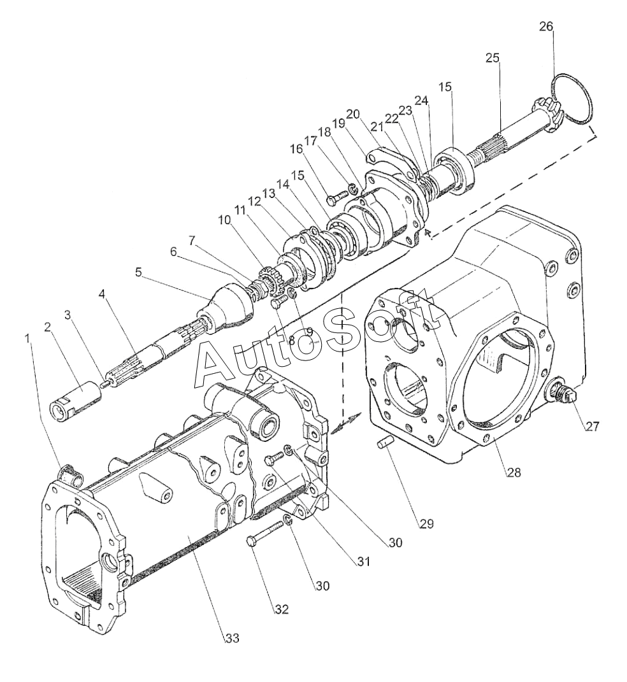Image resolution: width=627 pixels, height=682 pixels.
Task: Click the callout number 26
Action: coord(546,27)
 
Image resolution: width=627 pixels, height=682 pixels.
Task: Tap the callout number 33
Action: coord(231,639)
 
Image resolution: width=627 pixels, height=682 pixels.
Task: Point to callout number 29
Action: coord(426,524)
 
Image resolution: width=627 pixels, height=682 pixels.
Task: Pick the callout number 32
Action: coord(281,609)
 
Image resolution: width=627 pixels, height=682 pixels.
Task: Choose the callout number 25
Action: coord(493,58)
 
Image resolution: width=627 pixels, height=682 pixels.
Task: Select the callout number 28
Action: coord(513,472)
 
